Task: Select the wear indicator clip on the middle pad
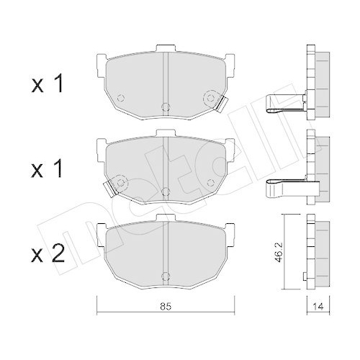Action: click(110, 188)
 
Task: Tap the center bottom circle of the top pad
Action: click(166, 108)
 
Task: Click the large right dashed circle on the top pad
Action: click(211, 96)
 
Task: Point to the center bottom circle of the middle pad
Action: click(166, 192)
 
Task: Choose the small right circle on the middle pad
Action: click(210, 179)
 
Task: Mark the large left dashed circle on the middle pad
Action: click(120, 180)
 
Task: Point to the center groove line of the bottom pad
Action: click(166, 252)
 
